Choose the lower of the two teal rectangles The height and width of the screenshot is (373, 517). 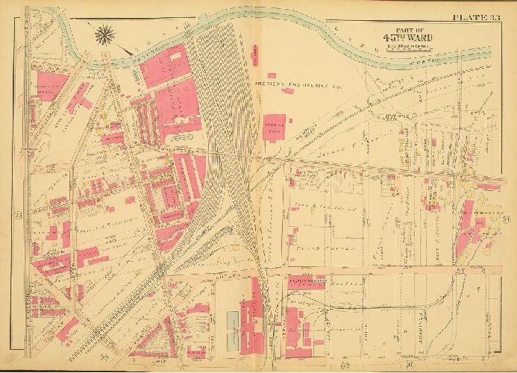point(232,342)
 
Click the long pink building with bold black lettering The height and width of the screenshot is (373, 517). point(308,283)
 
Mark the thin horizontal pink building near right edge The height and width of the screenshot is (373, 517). point(489,186)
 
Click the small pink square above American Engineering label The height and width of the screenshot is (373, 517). point(272,75)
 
